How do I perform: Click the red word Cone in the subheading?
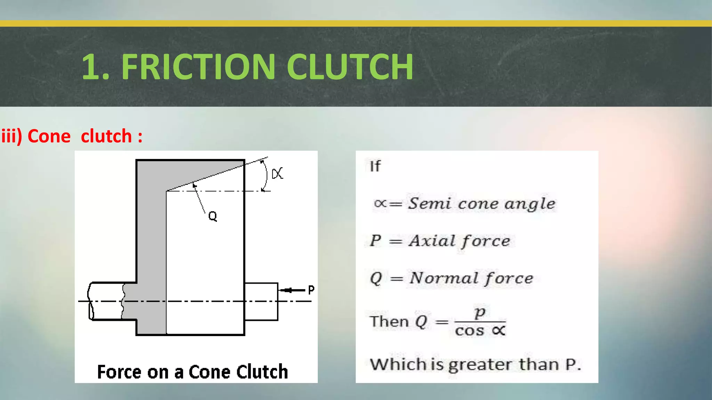49,136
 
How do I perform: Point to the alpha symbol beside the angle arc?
277,173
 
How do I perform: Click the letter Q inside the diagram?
212,216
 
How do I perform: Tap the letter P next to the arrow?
311,290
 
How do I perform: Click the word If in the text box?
375,166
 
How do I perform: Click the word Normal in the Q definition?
444,278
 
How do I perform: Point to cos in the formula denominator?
469,331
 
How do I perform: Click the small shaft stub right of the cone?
261,301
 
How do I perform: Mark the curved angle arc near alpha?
266,175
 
